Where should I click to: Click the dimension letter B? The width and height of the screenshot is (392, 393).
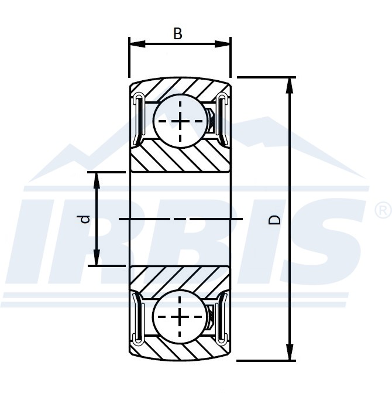tap(178, 33)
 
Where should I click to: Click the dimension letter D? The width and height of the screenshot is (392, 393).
tap(274, 220)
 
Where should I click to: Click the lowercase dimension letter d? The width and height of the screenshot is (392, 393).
tap(85, 220)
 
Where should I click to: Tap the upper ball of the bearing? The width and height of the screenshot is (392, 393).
tap(180, 121)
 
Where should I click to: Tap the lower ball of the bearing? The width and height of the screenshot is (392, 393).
tap(180, 317)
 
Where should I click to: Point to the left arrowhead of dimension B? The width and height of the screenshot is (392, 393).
tap(137, 44)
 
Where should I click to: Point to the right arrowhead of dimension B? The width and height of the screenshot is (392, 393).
tap(222, 44)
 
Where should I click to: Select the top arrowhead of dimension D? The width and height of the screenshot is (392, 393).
tap(290, 86)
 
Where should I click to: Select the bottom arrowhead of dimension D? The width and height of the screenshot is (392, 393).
tap(290, 352)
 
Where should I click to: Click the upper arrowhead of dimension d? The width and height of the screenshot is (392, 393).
tap(97, 180)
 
